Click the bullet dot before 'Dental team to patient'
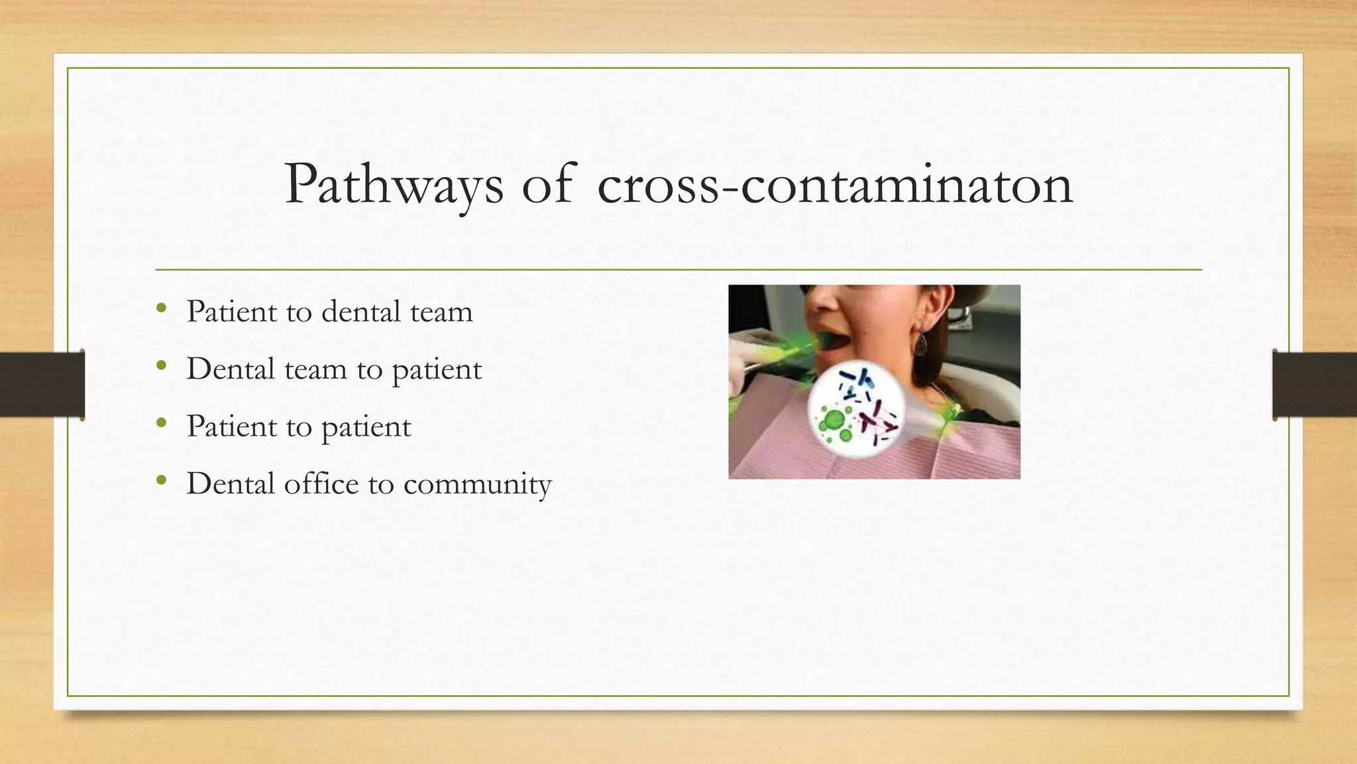point(161,365)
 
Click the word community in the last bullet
point(477,484)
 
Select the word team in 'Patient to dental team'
point(441,312)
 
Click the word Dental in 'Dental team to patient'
point(230,369)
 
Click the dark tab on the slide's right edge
point(1315,385)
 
